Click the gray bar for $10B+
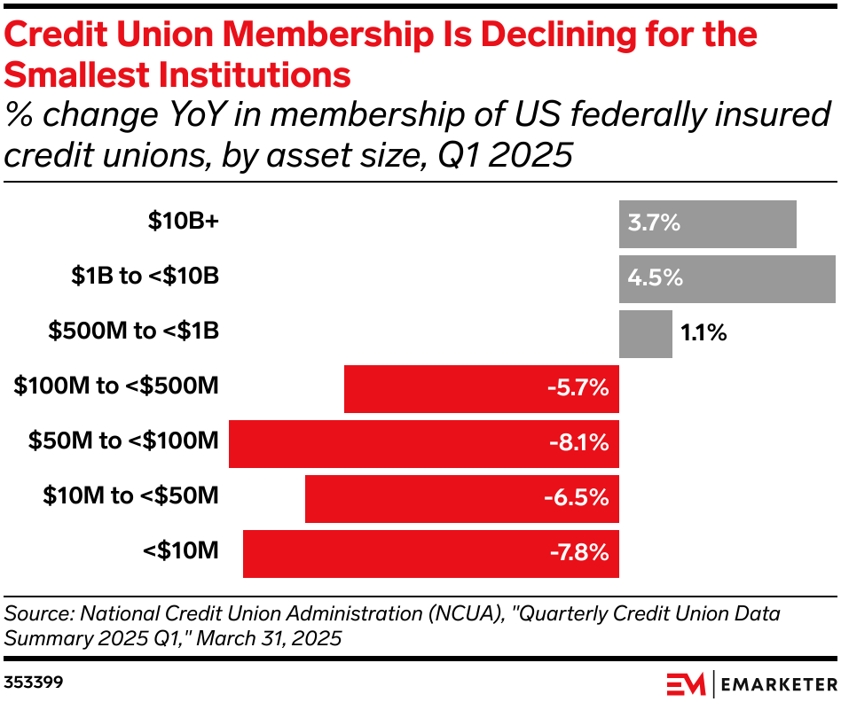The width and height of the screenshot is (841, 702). pos(707,224)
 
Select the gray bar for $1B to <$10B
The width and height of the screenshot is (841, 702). pos(727,278)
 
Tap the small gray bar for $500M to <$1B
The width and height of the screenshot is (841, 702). pos(645,333)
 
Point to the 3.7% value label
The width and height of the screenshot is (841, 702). pos(654,224)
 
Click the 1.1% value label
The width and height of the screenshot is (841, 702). pos(703,333)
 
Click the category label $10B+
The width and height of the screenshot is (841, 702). pos(183,222)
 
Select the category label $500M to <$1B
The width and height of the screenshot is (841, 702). pos(133,331)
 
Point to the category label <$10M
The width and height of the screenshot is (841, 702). pos(180,550)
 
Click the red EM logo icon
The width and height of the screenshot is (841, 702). pos(686,684)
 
